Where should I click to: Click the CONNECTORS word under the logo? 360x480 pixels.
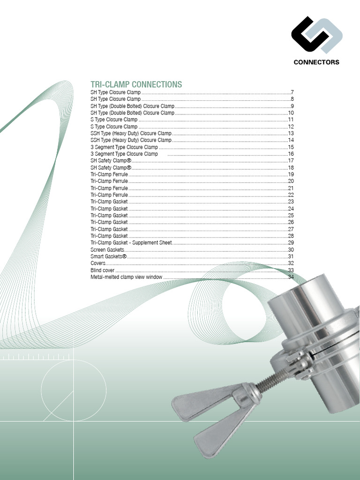[x=316, y=62]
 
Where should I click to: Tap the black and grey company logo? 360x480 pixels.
[x=316, y=35]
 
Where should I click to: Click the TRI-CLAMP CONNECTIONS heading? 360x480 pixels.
[x=136, y=84]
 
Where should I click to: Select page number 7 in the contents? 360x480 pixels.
[x=292, y=92]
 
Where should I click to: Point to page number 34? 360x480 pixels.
[x=291, y=277]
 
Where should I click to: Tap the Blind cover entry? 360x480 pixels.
[x=102, y=270]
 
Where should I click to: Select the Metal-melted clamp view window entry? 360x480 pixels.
[x=126, y=277]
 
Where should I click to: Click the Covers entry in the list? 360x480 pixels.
[x=98, y=263]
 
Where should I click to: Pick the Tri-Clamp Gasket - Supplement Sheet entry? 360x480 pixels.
[x=131, y=243]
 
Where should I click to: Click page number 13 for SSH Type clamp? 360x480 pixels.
[x=291, y=133]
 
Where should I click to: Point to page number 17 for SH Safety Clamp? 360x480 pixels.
[x=291, y=161]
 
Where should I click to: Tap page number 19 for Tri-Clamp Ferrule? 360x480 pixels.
[x=291, y=174]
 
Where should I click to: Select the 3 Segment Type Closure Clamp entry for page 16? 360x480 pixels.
[x=124, y=154]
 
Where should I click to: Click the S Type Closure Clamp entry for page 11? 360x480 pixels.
[x=114, y=120]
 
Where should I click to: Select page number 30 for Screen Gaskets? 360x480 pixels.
[x=291, y=250]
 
